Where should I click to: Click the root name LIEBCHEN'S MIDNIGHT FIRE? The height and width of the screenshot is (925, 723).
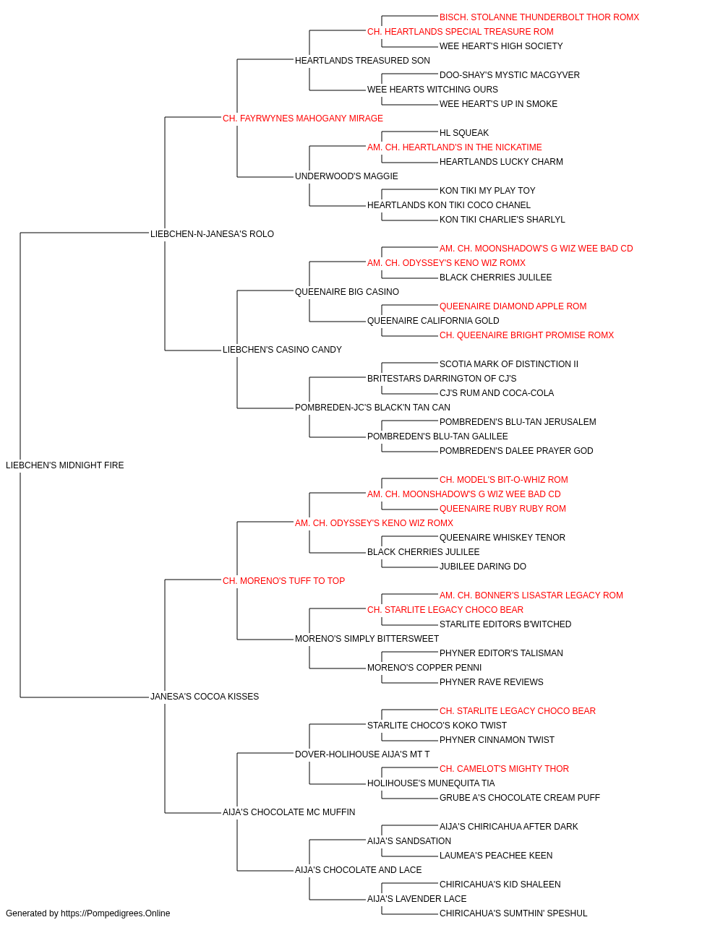click(x=65, y=465)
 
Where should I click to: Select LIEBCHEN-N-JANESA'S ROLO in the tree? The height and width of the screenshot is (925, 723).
click(x=212, y=234)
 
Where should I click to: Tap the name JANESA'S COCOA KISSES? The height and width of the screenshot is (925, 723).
click(x=205, y=697)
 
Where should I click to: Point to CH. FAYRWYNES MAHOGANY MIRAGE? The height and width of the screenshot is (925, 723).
click(x=303, y=119)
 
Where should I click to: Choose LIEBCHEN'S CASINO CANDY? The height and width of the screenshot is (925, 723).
click(x=282, y=350)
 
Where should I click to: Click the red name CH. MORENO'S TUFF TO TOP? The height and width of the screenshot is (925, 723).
click(x=283, y=581)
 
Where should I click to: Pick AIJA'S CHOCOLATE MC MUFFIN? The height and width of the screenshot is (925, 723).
click(x=288, y=812)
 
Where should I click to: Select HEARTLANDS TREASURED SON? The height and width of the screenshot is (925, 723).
click(x=362, y=61)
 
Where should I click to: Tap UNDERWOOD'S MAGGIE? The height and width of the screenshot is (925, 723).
click(x=346, y=176)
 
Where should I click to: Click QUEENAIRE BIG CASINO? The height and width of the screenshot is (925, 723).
click(x=347, y=292)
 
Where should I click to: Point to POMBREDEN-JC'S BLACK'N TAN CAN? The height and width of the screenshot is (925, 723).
click(x=372, y=408)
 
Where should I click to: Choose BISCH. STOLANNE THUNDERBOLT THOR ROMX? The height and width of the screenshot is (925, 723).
click(x=539, y=17)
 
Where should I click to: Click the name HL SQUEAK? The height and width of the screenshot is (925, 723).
click(x=464, y=133)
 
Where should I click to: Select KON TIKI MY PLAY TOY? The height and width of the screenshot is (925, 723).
click(x=487, y=191)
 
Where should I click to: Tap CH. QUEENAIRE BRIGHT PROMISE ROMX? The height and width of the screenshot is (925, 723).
click(x=527, y=335)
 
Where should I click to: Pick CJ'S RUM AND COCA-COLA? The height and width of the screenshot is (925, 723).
click(x=497, y=393)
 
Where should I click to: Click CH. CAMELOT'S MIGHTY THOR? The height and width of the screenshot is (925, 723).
click(x=504, y=769)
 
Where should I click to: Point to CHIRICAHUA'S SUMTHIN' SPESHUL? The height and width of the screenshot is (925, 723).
click(x=513, y=913)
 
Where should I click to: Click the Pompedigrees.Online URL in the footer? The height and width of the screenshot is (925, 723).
click(x=116, y=913)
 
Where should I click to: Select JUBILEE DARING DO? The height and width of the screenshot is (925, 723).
click(x=483, y=567)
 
